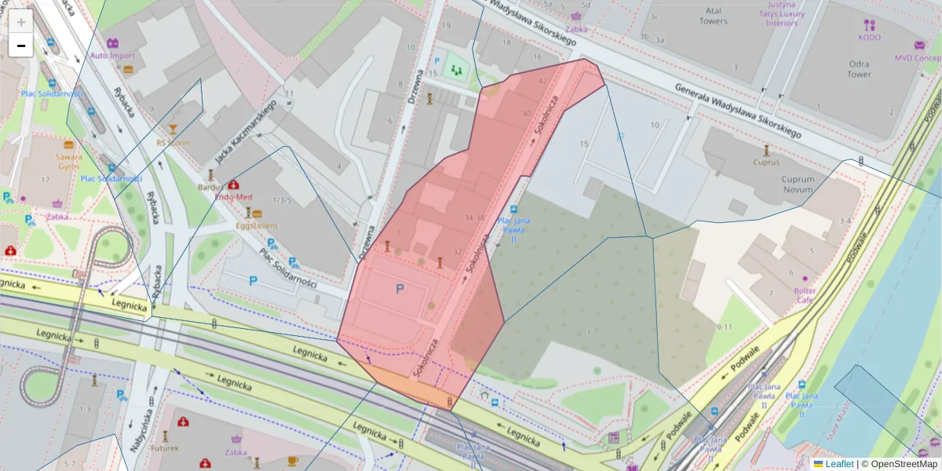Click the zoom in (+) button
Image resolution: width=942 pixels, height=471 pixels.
pyautogui.click(x=21, y=22)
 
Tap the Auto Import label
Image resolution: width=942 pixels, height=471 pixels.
pyautogui.click(x=113, y=56)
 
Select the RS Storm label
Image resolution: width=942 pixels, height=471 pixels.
pyautogui.click(x=173, y=143)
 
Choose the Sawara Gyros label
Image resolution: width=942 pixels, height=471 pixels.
pyautogui.click(x=69, y=161)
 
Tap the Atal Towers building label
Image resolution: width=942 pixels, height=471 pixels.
pyautogui.click(x=713, y=16)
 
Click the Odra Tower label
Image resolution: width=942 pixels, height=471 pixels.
pyautogui.click(x=859, y=69)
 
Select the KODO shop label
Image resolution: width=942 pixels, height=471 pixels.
pyautogui.click(x=869, y=37)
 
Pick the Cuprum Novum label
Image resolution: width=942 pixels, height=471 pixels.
pyautogui.click(x=798, y=184)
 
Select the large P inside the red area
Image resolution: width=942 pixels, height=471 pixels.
pyautogui.click(x=400, y=290)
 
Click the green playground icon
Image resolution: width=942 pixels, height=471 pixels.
pyautogui.click(x=455, y=71)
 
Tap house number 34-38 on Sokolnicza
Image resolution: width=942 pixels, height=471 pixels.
pyautogui.click(x=474, y=217)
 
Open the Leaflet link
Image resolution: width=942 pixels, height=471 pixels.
pyautogui.click(x=838, y=464)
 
